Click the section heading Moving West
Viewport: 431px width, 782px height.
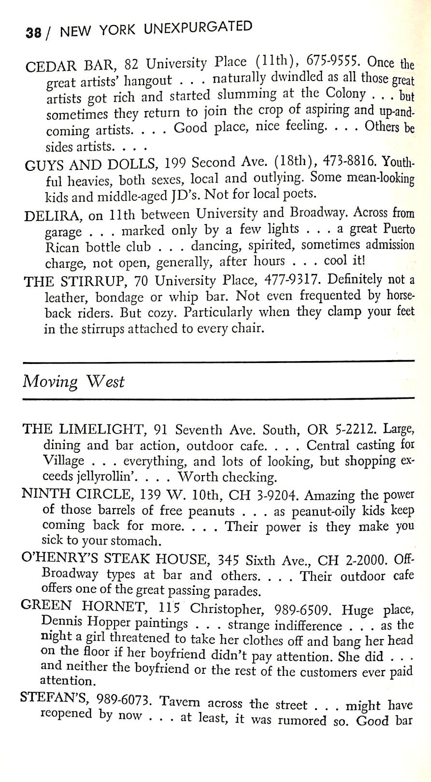point(73,382)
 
